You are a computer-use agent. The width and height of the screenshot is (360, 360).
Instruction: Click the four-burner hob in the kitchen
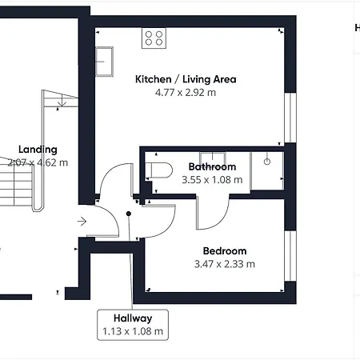[x=154, y=38]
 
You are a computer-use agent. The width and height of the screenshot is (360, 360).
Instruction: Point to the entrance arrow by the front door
[x=82, y=221]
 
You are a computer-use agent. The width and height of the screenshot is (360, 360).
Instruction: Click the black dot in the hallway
[x=129, y=214]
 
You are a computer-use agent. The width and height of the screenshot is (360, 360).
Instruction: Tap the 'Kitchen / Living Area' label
[x=185, y=79]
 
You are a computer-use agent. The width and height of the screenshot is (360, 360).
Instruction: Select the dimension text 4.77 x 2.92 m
[x=185, y=93]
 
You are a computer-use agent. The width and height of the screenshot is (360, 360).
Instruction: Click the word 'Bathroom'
[x=212, y=166]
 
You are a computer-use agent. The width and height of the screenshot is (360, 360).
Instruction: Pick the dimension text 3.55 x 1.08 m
[x=212, y=180]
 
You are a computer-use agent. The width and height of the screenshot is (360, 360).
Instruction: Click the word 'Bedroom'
[x=225, y=250]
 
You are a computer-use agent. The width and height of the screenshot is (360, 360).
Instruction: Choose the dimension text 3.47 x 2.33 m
[x=225, y=264]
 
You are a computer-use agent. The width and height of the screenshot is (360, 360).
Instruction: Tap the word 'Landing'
[x=38, y=150]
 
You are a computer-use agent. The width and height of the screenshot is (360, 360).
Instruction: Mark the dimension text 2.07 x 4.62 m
[x=38, y=162]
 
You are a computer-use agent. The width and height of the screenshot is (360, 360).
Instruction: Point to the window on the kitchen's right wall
[x=290, y=117]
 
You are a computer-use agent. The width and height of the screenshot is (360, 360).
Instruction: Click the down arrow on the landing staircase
[x=61, y=102]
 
